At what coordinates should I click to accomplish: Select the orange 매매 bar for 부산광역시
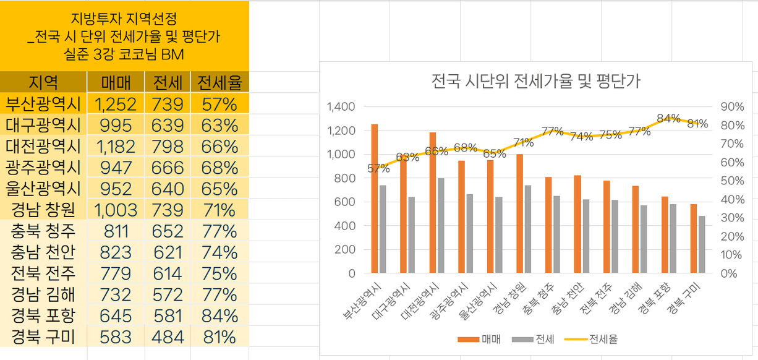pyautogui.click(x=375, y=198)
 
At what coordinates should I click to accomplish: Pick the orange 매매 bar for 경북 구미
pyautogui.click(x=694, y=238)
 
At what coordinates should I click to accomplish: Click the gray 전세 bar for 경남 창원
pyautogui.click(x=528, y=229)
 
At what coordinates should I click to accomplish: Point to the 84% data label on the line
pyautogui.click(x=668, y=118)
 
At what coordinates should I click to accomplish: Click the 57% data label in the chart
pyautogui.click(x=378, y=168)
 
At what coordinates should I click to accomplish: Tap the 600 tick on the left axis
pyautogui.click(x=346, y=202)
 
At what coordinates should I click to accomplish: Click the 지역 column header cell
pyautogui.click(x=43, y=82)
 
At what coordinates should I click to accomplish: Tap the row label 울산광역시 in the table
pyautogui.click(x=43, y=189)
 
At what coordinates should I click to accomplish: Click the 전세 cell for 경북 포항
pyautogui.click(x=168, y=315)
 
